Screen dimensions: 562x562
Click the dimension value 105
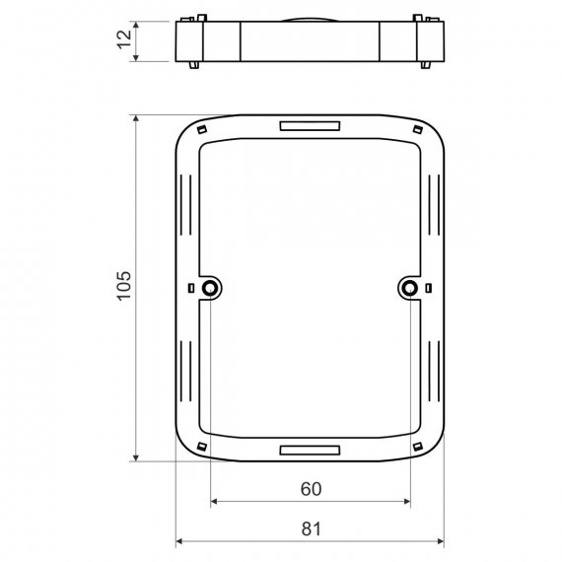coord(124,286)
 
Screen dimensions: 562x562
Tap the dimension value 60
coord(311,489)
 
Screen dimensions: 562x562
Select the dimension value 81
coord(311,529)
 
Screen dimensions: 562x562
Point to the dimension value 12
coord(124,39)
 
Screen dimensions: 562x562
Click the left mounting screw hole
coord(209,288)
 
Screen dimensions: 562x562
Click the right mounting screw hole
coord(410,288)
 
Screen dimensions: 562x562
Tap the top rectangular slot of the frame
coord(310,126)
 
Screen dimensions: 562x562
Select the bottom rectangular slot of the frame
coord(310,451)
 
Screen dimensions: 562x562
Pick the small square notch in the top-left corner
coord(202,129)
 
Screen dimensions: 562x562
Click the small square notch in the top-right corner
coord(418,129)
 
